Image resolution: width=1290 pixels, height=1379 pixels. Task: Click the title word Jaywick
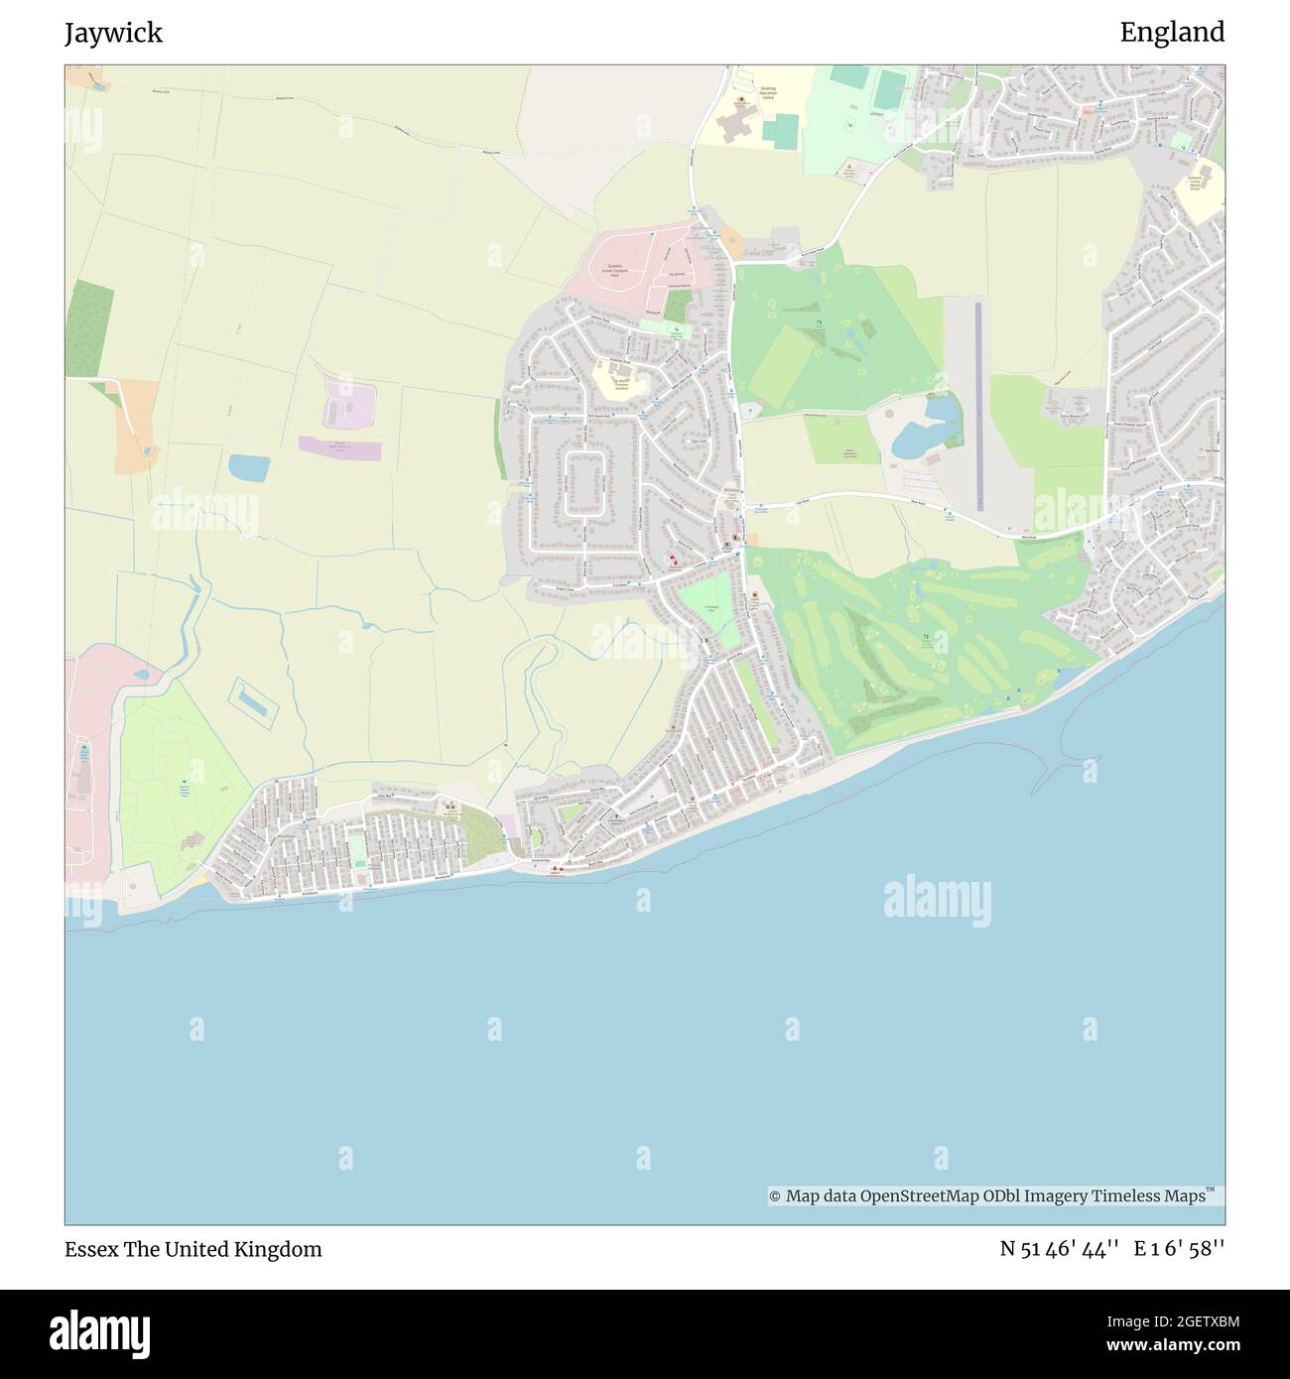tap(113, 33)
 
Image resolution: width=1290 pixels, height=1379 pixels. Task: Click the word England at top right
tap(1172, 33)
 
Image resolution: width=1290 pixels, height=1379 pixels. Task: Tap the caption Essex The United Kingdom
tap(193, 1249)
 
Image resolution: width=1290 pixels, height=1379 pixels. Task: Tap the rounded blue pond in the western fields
tap(246, 467)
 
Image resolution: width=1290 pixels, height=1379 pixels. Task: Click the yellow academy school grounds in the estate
tap(617, 379)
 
